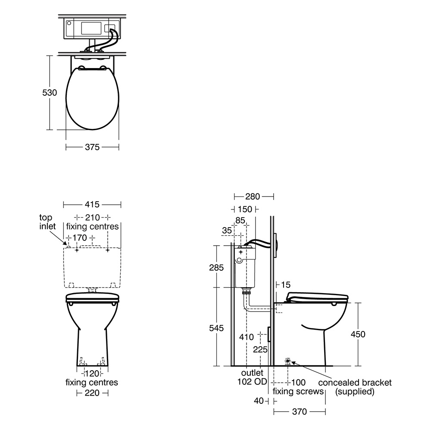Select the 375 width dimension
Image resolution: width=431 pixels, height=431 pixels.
click(x=92, y=147)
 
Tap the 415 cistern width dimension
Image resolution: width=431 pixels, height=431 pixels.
click(x=92, y=204)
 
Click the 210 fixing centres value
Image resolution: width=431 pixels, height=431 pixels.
click(x=92, y=217)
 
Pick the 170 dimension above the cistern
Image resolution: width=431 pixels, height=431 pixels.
click(x=81, y=237)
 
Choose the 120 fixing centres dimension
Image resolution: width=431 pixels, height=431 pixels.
click(x=92, y=373)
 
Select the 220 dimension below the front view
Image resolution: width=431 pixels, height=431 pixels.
click(x=92, y=393)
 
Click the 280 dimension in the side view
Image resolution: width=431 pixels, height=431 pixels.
click(x=253, y=197)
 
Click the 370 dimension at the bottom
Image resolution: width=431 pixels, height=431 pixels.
click(x=299, y=412)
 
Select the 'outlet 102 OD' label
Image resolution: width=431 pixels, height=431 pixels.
click(x=252, y=377)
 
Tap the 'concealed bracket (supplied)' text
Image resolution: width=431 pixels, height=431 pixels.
click(x=354, y=387)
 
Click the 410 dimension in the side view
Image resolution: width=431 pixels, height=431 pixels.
click(x=246, y=337)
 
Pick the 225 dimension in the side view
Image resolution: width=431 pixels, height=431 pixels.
click(x=260, y=350)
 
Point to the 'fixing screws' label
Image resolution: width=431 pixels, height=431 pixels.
click(x=298, y=391)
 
